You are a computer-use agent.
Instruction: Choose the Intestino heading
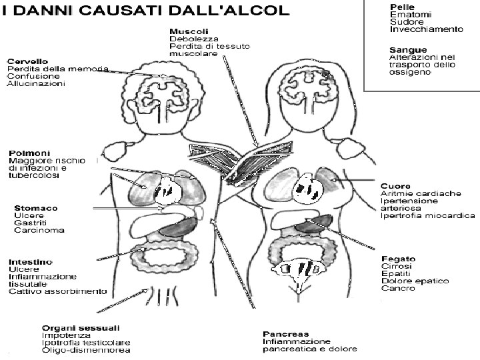(30, 261)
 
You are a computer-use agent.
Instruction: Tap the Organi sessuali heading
(81, 327)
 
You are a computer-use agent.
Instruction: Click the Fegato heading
(398, 259)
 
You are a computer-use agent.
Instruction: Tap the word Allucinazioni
(36, 85)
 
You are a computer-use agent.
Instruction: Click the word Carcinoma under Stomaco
(39, 231)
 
